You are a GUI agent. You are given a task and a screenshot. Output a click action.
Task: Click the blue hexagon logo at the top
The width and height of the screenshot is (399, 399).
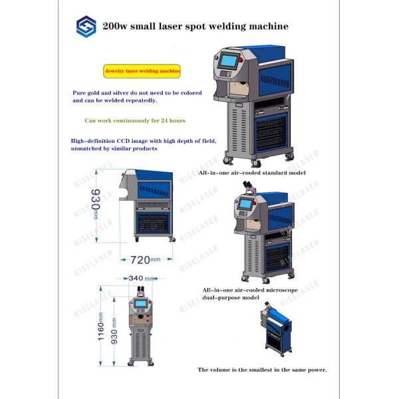(x=86, y=27)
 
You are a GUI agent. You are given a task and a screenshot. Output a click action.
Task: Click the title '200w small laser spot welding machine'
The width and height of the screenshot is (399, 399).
(x=195, y=27)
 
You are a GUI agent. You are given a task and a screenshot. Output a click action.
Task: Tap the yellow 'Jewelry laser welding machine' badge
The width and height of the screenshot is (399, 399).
(x=142, y=70)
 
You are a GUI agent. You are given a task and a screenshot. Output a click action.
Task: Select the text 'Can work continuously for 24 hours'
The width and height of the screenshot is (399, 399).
(x=134, y=121)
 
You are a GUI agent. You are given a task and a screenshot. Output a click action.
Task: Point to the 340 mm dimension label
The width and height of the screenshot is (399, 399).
(x=140, y=279)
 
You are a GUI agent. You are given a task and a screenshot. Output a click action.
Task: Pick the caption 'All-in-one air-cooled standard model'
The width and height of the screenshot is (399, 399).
(x=252, y=172)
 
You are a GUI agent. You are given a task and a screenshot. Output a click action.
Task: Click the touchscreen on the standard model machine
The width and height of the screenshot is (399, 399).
(x=229, y=61)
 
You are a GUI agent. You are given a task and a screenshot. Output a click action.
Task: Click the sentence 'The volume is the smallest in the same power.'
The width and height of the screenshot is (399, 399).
(x=262, y=369)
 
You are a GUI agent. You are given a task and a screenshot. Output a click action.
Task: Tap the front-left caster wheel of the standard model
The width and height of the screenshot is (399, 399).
(x=228, y=160)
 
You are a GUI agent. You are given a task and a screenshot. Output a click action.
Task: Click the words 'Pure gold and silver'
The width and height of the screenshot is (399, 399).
(x=103, y=94)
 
